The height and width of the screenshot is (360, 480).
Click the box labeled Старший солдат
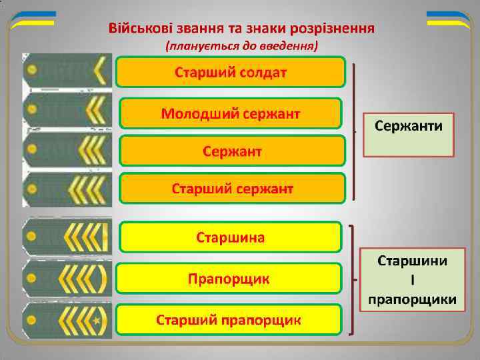[231, 72]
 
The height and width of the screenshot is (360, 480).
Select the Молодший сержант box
[231, 113]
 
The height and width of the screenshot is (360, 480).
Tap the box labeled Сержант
[232, 151]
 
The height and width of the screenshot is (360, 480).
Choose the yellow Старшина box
[231, 237]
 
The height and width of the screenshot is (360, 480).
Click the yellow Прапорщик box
[229, 278]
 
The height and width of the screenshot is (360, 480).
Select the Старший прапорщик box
[229, 319]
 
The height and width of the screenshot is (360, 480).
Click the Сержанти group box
[409, 134]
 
